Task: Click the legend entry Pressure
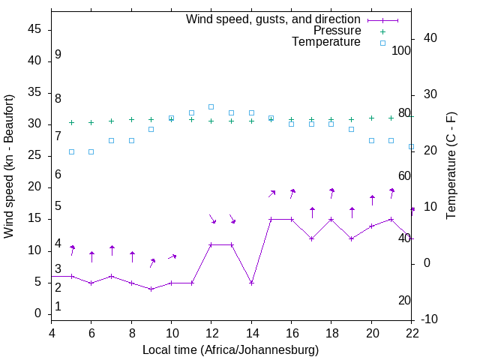pos(337,31)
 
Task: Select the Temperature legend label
pos(326,42)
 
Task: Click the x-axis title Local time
pos(230,349)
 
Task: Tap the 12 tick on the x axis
pos(211,332)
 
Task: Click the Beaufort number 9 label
pos(58,55)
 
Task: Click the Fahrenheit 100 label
pos(401,50)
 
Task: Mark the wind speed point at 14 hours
pos(251,283)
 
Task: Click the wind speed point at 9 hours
pos(151,289)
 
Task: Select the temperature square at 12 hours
pos(211,106)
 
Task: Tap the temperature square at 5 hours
pos(72,151)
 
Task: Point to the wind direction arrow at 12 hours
pos(213,219)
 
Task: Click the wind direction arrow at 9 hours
pos(152,262)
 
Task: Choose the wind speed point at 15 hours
pos(271,219)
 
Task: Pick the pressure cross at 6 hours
pos(91,122)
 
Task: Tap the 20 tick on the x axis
pos(371,332)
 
